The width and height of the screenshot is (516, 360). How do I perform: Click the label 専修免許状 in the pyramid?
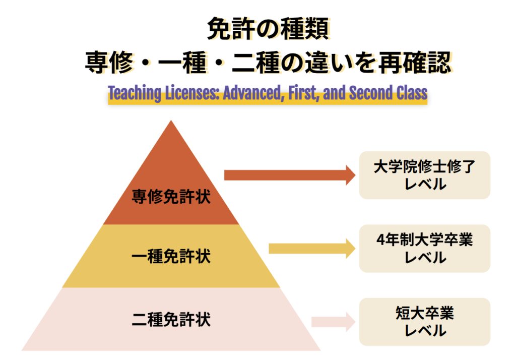pyautogui.click(x=171, y=197)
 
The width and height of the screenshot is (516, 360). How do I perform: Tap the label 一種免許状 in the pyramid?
pyautogui.click(x=171, y=257)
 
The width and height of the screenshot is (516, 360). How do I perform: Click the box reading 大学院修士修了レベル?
pyautogui.click(x=424, y=175)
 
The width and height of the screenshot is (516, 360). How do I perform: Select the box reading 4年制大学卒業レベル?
pyautogui.click(x=424, y=248)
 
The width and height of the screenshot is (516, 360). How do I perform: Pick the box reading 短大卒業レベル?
pyautogui.click(x=424, y=322)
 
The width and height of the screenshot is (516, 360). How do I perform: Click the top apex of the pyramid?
pyautogui.click(x=171, y=123)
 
